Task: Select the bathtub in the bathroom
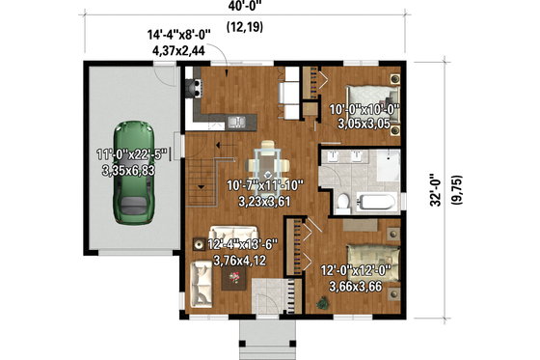[x=378, y=203]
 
